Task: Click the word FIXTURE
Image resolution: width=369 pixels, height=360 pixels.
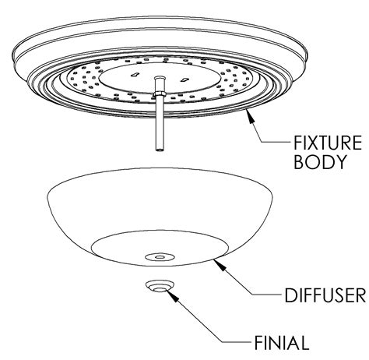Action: (x=328, y=143)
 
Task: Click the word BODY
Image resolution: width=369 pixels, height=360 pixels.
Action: (x=320, y=162)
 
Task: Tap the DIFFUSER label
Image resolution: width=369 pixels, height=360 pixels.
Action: (x=325, y=295)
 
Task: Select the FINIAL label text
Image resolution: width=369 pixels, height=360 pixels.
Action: (x=282, y=343)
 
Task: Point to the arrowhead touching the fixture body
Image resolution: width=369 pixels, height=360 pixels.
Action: (x=249, y=116)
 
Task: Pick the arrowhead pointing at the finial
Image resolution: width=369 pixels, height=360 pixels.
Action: (x=172, y=295)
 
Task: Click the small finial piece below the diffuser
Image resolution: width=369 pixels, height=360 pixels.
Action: (x=159, y=286)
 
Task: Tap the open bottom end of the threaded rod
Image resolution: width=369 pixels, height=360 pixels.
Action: (x=160, y=150)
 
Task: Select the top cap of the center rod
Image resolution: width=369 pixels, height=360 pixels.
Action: (x=159, y=78)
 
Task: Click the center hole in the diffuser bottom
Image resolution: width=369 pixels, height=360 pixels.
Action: (x=160, y=257)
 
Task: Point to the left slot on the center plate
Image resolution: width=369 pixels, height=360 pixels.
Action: (x=134, y=75)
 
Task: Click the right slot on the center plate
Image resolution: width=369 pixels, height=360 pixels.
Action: (x=184, y=79)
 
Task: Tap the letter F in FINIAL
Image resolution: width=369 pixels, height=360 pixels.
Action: (x=258, y=343)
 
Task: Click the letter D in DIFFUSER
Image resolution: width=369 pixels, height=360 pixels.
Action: (x=290, y=295)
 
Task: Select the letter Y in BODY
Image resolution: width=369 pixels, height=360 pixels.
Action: (x=340, y=162)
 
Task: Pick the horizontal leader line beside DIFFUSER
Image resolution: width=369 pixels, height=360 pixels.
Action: (x=267, y=295)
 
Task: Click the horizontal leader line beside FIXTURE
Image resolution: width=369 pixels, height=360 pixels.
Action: (x=276, y=142)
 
